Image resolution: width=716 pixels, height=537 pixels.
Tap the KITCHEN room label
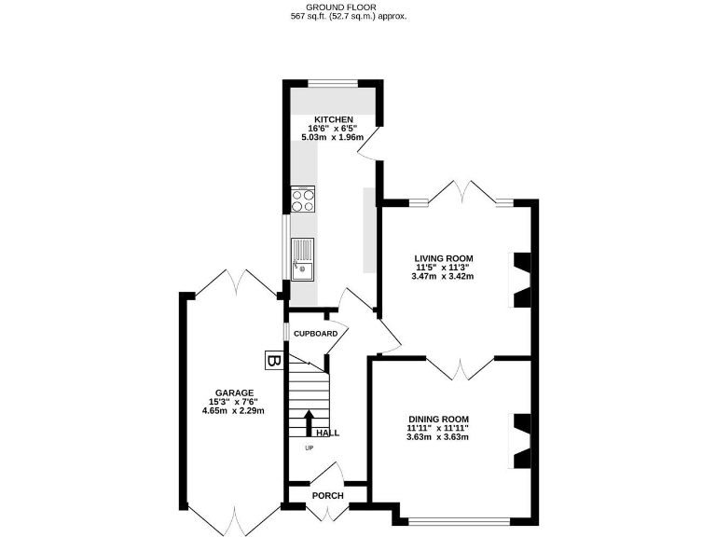click(333, 119)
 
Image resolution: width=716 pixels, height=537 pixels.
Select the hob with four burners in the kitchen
click(303, 200)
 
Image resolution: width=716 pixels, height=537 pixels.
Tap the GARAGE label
click(235, 392)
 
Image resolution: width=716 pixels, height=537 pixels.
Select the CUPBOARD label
click(315, 334)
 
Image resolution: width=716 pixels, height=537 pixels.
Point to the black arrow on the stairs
click(310, 421)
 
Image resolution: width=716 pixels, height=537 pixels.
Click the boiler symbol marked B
click(273, 360)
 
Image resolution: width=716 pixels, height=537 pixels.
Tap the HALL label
click(327, 434)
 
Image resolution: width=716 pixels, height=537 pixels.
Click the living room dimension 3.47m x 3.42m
click(444, 276)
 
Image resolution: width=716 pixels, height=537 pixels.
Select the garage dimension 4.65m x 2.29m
click(235, 410)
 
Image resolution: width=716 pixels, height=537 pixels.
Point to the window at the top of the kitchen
click(333, 84)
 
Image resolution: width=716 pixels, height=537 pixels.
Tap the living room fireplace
click(523, 280)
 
